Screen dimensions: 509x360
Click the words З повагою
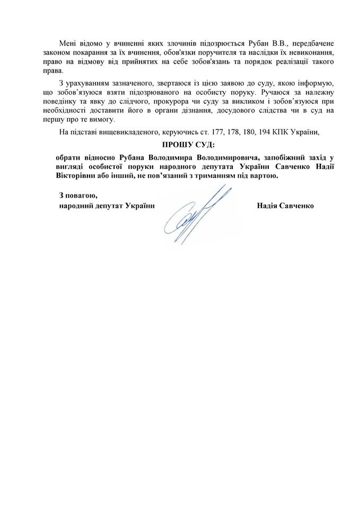78,196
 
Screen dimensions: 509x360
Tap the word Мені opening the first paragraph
69,42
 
